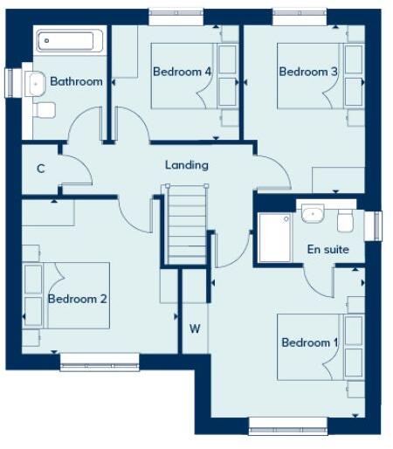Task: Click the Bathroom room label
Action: coord(76,82)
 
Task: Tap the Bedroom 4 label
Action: coord(183,72)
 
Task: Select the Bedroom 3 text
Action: coord(307,72)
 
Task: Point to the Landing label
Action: coord(187,164)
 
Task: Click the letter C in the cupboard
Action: coord(40,168)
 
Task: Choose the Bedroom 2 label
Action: coord(78,299)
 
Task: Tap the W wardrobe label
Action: coord(195,328)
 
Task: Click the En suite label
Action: coord(328,250)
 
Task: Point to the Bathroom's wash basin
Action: coord(36,83)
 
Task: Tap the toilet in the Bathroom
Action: coord(45,109)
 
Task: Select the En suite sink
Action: coord(313,212)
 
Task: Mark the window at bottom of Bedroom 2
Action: coord(99,361)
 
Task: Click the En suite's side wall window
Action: coord(377,224)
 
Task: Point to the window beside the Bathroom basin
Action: coord(12,82)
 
